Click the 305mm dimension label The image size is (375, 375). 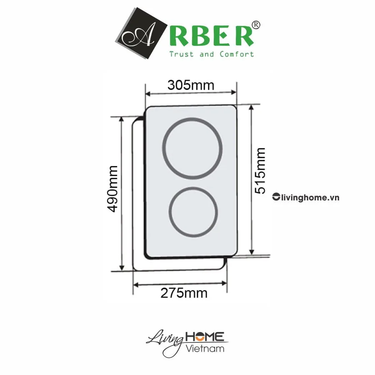pyautogui.click(x=190, y=85)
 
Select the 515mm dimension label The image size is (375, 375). pyautogui.click(x=260, y=170)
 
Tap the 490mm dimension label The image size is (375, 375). pyautogui.click(x=112, y=188)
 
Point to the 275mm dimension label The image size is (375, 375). pyautogui.click(x=184, y=293)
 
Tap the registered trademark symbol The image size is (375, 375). pyautogui.click(x=256, y=25)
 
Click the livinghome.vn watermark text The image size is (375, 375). pyautogui.click(x=310, y=197)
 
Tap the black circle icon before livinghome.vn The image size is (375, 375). pyautogui.click(x=275, y=197)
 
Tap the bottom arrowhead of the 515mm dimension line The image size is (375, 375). pyautogui.click(x=252, y=252)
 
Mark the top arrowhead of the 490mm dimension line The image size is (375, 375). pyautogui.click(x=122, y=119)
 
